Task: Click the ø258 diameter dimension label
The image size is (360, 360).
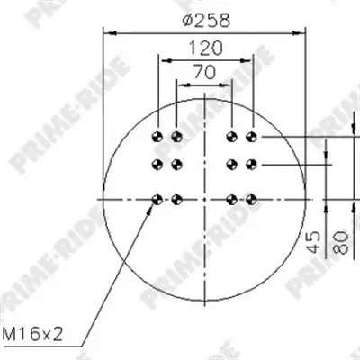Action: click(x=206, y=20)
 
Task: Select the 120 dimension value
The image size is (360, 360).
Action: click(x=206, y=49)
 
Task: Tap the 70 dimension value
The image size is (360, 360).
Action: click(x=204, y=72)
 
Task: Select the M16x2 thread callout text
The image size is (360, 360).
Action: click(x=32, y=334)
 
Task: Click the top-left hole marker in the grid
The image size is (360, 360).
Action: click(x=157, y=137)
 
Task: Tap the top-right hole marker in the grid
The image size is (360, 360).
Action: click(x=251, y=137)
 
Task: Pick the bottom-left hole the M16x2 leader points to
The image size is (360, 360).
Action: click(x=157, y=199)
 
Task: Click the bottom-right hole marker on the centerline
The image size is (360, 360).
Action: click(x=251, y=199)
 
